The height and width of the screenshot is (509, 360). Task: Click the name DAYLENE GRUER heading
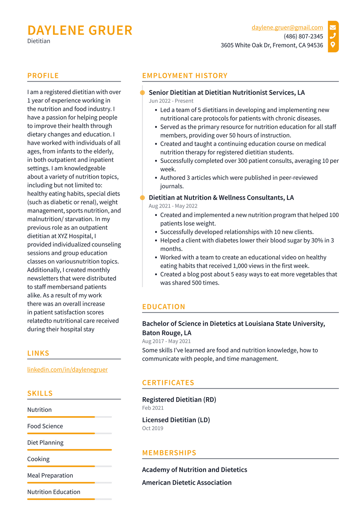pos(80,31)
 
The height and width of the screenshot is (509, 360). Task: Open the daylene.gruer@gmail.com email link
pos(287,27)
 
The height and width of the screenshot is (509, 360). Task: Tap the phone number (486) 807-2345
pos(303,36)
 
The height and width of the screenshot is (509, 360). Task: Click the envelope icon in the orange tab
pos(333,27)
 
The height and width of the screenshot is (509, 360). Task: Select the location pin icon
pos(333,45)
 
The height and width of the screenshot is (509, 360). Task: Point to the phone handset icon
pos(333,36)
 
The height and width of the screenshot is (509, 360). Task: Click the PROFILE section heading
pos(43,76)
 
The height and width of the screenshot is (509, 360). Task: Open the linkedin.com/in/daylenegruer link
pos(67,369)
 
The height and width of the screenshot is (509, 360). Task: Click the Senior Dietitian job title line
pos(226,93)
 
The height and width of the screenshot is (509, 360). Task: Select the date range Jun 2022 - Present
pos(171,101)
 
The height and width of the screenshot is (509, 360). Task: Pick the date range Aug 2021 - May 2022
pos(173,206)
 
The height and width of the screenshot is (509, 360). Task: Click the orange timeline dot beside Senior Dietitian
pos(142,93)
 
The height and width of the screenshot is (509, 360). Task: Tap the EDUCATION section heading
pos(163,307)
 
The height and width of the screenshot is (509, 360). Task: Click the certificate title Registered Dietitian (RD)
pos(179,400)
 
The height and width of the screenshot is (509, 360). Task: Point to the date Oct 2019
pos(153,428)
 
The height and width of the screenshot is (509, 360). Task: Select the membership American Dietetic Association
pos(187,483)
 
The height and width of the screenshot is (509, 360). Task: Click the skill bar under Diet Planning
pos(69,450)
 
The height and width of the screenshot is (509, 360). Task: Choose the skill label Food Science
pos(45,426)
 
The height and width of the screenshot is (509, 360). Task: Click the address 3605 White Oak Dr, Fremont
pos(272,45)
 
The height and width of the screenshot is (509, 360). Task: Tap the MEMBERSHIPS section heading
pos(169,453)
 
